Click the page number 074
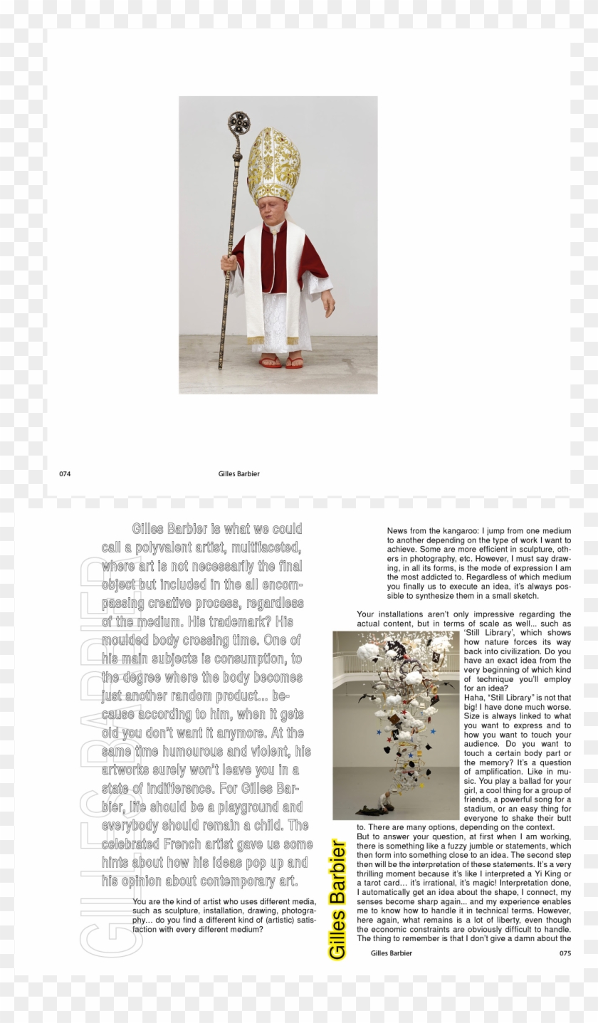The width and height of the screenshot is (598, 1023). click(x=65, y=473)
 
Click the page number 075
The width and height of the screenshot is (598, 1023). click(x=565, y=953)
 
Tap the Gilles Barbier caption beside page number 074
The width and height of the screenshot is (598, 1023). click(x=244, y=473)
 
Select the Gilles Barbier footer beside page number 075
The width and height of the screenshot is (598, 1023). click(x=392, y=953)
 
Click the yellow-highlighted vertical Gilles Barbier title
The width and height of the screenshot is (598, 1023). click(x=337, y=900)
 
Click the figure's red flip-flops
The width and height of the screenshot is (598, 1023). click(x=283, y=363)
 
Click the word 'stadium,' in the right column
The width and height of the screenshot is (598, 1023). click(x=482, y=809)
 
